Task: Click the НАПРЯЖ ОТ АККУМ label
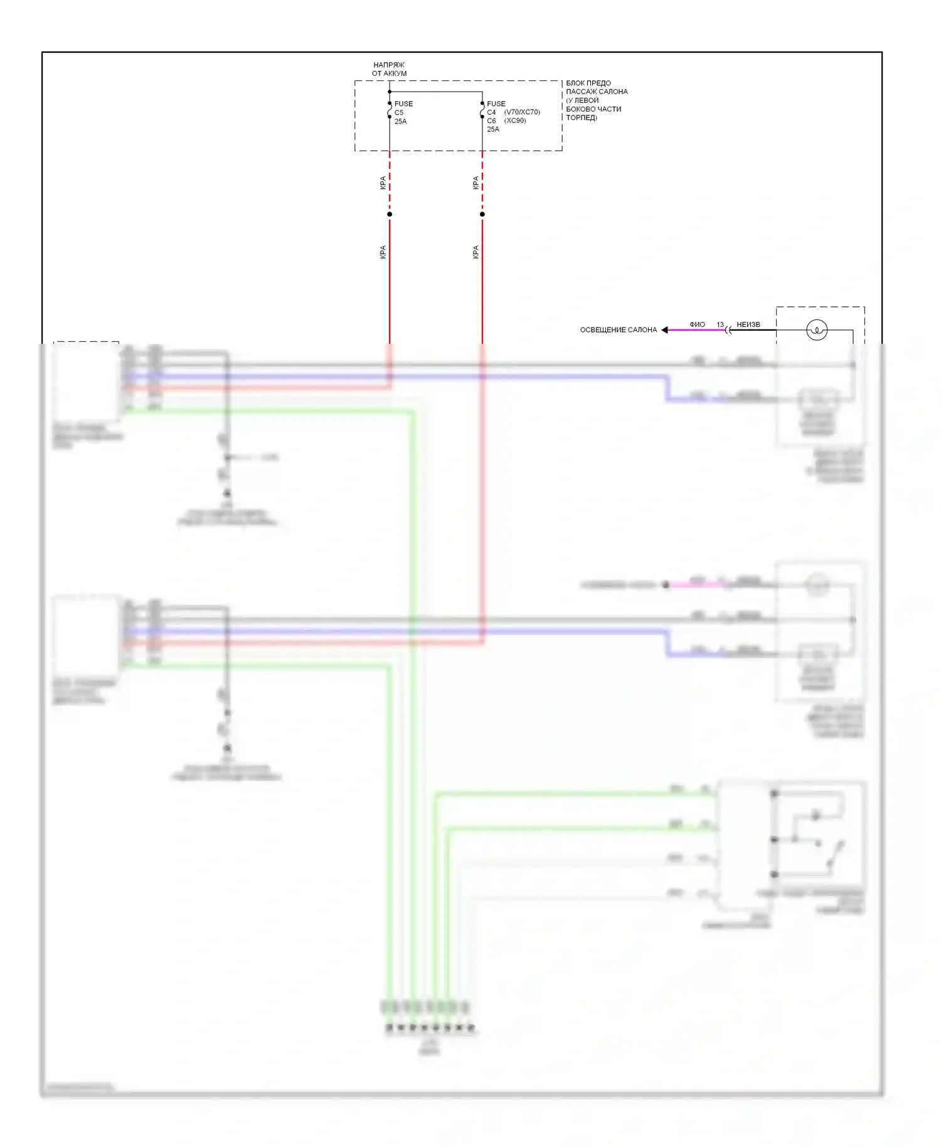coord(389,69)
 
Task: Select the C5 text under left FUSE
coord(399,113)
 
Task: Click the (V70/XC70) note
coord(522,112)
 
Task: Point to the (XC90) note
coord(515,120)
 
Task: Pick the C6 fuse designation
coord(491,120)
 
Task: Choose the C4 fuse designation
coord(491,112)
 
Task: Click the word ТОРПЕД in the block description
coord(580,118)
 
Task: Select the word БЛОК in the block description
coord(575,83)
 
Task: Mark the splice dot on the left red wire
coord(390,215)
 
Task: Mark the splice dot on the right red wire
coord(482,215)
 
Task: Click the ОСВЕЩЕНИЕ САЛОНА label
coord(618,330)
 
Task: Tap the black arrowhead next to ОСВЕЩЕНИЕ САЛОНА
coord(664,330)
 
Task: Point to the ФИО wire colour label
coord(697,324)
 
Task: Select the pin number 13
coord(720,324)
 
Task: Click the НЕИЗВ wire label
coord(748,324)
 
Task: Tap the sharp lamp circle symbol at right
coord(817,330)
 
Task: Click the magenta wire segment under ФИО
coord(696,330)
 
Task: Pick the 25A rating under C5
coord(401,122)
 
